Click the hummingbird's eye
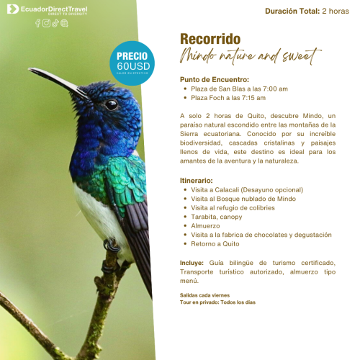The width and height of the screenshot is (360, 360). click(x=111, y=104)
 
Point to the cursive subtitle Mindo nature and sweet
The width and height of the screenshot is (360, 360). click(x=250, y=55)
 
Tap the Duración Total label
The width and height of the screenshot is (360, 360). click(x=292, y=11)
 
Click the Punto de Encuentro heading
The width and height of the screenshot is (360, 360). click(x=215, y=79)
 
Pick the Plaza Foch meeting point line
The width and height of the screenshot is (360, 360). click(x=228, y=97)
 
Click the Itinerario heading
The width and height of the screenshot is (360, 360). click(x=197, y=180)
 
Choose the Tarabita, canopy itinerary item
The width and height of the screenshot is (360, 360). click(x=217, y=217)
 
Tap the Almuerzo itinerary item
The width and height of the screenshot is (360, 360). click(x=205, y=225)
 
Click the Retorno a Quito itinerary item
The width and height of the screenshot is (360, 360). click(x=217, y=243)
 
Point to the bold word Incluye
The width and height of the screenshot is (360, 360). click(x=192, y=263)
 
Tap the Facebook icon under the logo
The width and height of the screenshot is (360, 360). click(x=38, y=23)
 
